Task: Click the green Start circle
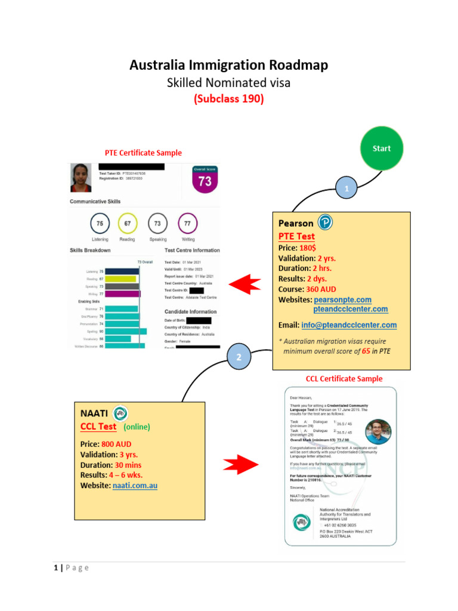(382, 148)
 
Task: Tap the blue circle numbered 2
(239, 357)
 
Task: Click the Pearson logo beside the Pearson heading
(326, 223)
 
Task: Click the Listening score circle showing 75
(100, 223)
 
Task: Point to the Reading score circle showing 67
(127, 223)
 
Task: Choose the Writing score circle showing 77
(187, 223)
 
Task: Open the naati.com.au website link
(135, 486)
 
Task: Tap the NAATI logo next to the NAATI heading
(120, 413)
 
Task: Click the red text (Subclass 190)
(228, 100)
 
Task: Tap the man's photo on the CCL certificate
(378, 432)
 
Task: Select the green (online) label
(137, 427)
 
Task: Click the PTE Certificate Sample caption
(143, 153)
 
